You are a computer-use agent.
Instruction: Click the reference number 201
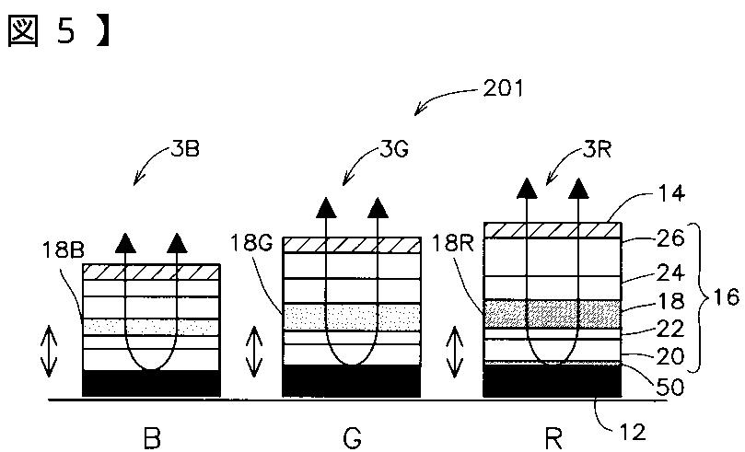pos(502,89)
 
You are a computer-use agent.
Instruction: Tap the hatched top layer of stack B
pos(151,272)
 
